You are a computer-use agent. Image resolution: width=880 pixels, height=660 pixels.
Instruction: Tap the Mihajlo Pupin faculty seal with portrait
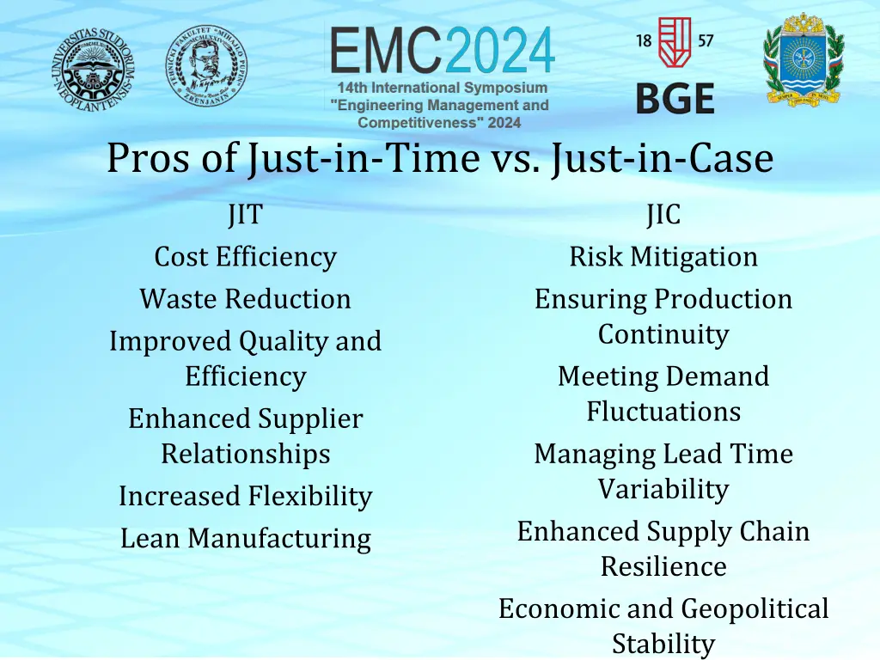point(205,65)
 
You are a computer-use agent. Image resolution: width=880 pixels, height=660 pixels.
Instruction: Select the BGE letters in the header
point(675,98)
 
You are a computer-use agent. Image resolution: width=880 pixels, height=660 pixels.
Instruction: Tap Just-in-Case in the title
point(663,159)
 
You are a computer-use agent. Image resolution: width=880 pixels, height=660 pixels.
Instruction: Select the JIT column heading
point(245,214)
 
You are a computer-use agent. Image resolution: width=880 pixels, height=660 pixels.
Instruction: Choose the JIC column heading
point(663,214)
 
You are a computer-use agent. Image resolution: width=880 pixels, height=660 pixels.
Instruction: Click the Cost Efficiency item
point(245,256)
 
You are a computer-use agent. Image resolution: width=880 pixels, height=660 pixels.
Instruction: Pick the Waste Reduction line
point(245,299)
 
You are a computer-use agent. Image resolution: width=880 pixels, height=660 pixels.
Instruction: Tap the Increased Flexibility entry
point(245,496)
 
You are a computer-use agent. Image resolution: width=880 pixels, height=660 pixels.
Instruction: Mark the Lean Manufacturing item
point(245,539)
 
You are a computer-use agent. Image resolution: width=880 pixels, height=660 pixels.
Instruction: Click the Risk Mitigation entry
point(663,256)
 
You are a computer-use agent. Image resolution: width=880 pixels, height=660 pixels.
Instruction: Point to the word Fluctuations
point(663,412)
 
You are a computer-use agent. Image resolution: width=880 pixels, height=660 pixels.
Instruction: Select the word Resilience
point(663,566)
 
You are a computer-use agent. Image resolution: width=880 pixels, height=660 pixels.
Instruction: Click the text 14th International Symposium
point(442,88)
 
